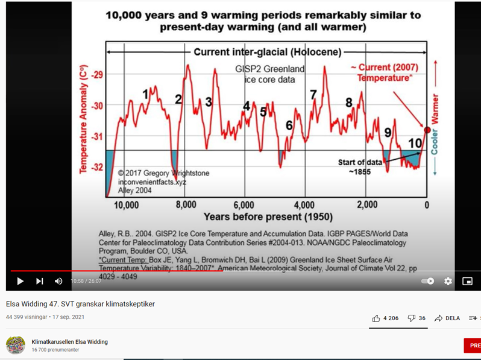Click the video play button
click(20, 281)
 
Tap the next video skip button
click(39, 281)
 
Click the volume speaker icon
click(58, 281)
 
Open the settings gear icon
click(448, 281)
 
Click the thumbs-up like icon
click(376, 318)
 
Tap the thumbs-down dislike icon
click(412, 318)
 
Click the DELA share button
click(447, 318)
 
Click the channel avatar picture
click(15, 345)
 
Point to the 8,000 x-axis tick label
click(186, 205)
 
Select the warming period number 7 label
click(313, 95)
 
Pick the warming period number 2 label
click(178, 99)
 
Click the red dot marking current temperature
click(427, 130)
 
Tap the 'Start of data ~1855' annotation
click(360, 166)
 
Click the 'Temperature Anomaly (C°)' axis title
click(84, 119)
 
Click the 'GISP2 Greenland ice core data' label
click(269, 74)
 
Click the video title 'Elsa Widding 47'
click(80, 304)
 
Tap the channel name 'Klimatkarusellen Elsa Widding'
click(69, 342)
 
